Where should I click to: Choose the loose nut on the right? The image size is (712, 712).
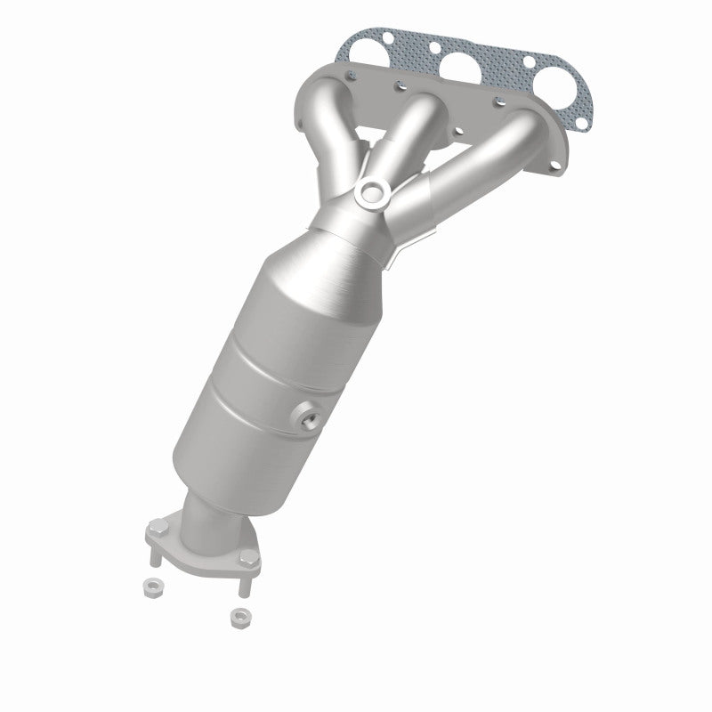238,615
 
